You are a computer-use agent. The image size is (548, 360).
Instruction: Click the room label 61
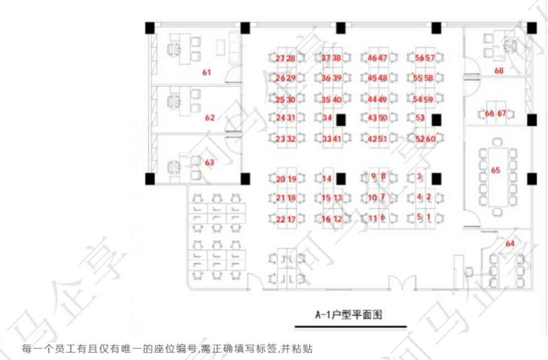[206, 73]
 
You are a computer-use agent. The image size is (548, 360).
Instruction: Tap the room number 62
[210, 118]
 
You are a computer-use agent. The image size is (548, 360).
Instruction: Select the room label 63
[210, 162]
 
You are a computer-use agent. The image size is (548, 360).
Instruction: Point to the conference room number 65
[495, 170]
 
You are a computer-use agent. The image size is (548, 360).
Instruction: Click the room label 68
[499, 71]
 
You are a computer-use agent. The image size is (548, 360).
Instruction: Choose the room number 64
[509, 244]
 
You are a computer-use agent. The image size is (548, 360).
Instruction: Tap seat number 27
[280, 58]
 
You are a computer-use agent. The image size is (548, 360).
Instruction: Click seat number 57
[430, 58]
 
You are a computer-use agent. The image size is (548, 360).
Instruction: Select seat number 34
[327, 118]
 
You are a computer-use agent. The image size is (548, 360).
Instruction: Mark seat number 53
[420, 118]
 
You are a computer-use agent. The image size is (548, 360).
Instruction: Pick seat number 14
[327, 179]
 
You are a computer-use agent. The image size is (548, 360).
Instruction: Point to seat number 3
[419, 177]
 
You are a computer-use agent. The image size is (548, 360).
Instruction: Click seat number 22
[281, 219]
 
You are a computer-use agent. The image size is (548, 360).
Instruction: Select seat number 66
[489, 113]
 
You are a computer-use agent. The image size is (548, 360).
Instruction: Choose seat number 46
[372, 58]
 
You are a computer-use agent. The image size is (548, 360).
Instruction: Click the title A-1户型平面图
[348, 315]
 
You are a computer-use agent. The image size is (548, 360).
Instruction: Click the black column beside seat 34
[341, 120]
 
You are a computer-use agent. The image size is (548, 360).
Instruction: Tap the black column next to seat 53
[436, 120]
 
